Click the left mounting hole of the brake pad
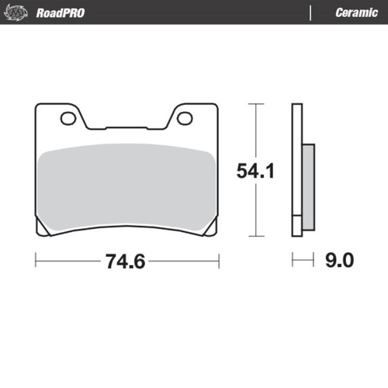point(67,118)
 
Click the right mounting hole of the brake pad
point(185,118)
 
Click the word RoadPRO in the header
point(61,12)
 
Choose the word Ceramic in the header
point(356,12)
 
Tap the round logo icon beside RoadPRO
point(18,12)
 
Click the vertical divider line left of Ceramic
point(311,12)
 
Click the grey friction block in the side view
point(307,186)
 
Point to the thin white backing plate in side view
point(296,171)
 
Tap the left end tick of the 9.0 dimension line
point(293,261)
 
